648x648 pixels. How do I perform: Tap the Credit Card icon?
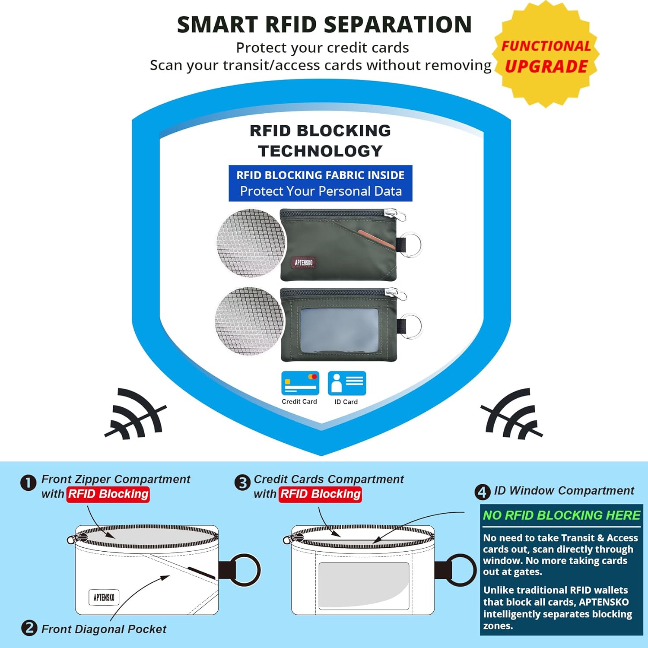300,383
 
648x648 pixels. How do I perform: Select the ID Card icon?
346,383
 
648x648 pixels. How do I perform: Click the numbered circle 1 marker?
29,483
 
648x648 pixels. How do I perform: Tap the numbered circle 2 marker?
29,628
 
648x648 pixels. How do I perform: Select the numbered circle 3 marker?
242,483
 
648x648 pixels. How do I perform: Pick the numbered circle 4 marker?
482,492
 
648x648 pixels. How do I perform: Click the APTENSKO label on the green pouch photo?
304,262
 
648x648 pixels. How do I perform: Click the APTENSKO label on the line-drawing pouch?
104,597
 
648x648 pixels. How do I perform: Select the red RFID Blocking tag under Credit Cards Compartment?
320,494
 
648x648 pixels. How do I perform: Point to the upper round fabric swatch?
251,243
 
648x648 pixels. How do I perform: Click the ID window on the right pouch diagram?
364,585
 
